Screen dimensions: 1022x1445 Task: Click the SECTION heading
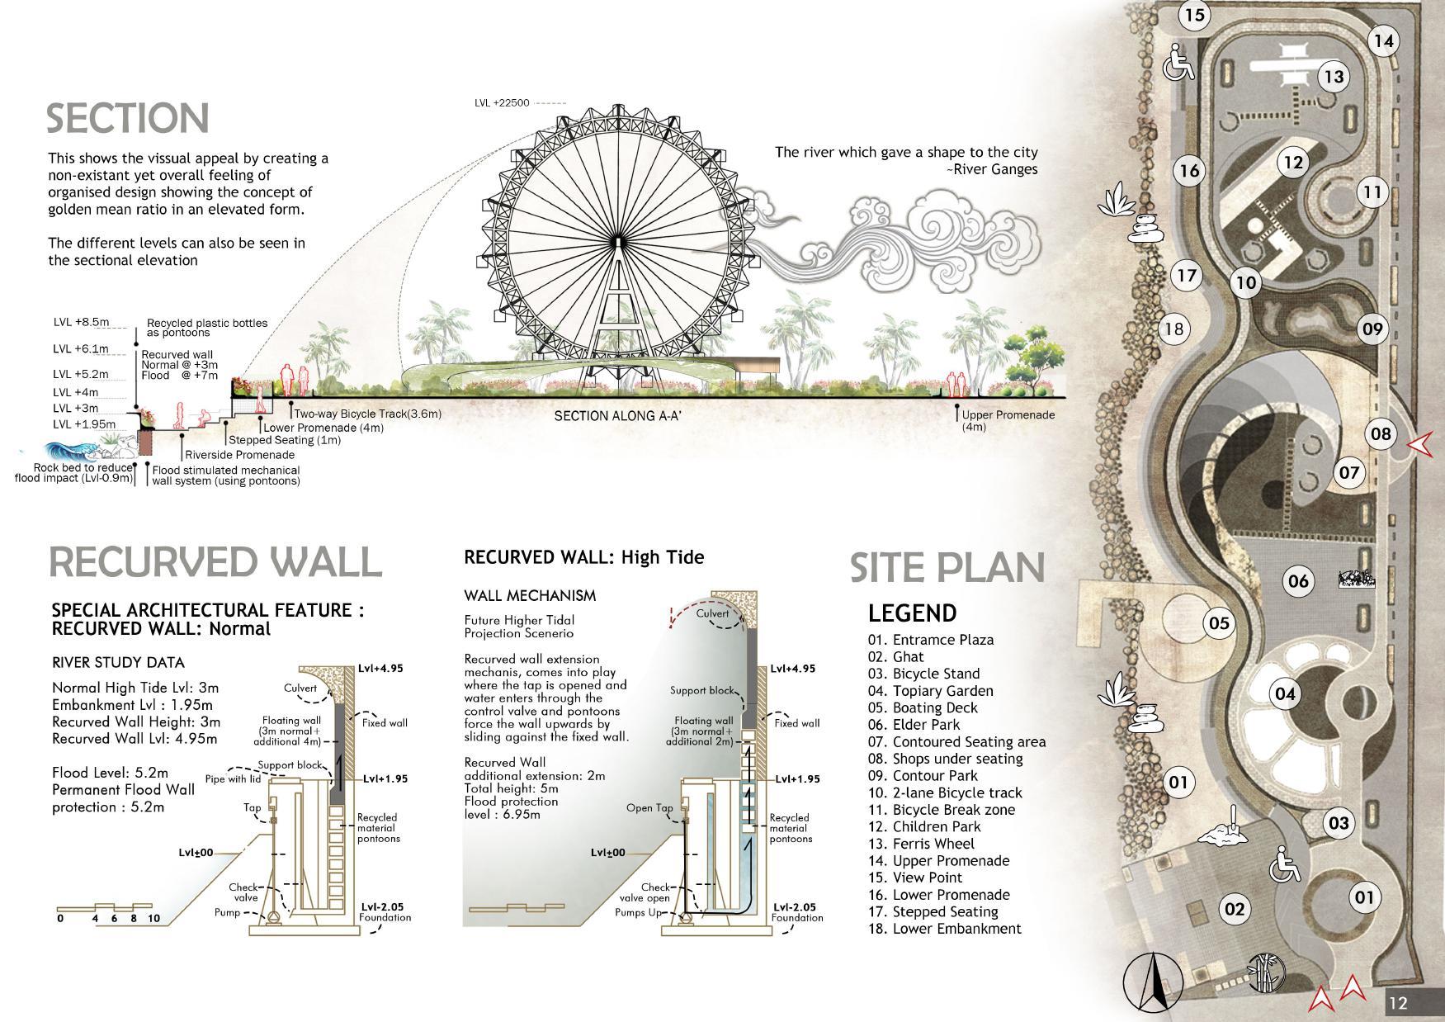point(127,119)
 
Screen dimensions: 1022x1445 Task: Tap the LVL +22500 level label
point(502,103)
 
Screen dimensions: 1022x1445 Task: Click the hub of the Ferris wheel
point(616,241)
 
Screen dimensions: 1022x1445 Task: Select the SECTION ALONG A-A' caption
point(617,416)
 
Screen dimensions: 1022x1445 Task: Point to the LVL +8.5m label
point(81,322)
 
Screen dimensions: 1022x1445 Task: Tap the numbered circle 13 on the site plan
point(1334,77)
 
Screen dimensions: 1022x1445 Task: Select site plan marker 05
point(1219,623)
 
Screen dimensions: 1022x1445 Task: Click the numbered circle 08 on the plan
point(1380,433)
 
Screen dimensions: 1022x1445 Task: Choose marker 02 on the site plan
point(1234,910)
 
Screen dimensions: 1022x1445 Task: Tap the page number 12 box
point(1398,1003)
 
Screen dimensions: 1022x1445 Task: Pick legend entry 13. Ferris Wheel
point(921,844)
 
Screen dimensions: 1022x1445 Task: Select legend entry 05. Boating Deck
point(923,707)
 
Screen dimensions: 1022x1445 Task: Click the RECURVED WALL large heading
point(215,562)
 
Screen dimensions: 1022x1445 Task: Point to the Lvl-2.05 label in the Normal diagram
point(381,907)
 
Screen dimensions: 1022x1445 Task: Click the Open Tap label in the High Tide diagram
point(649,808)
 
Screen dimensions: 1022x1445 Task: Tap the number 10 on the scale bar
point(153,918)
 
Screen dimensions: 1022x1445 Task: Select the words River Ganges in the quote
point(995,169)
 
